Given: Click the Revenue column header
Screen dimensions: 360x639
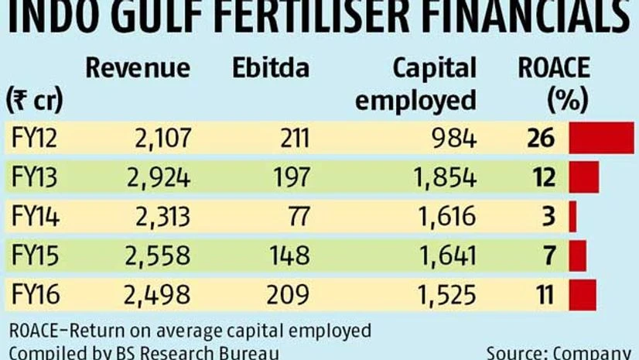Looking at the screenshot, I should pyautogui.click(x=138, y=68).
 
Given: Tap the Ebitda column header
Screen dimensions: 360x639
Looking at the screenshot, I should pyautogui.click(x=270, y=68).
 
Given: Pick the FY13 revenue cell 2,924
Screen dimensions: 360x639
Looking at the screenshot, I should pyautogui.click(x=157, y=177).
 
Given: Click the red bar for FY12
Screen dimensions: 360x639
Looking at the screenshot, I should pyautogui.click(x=600, y=138).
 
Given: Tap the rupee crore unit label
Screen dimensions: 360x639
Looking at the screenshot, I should pyautogui.click(x=34, y=100).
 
